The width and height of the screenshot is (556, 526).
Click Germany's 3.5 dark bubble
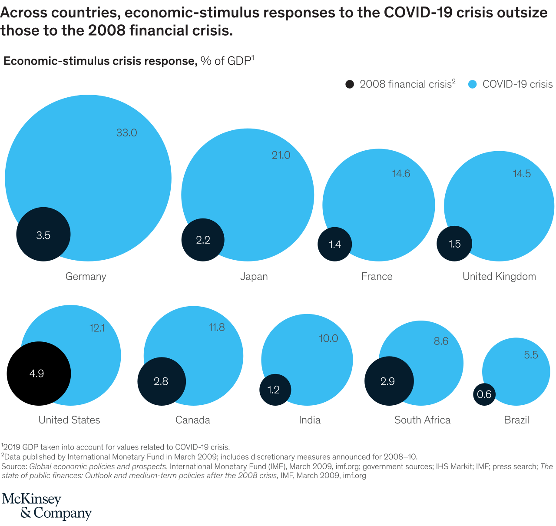pyautogui.click(x=43, y=235)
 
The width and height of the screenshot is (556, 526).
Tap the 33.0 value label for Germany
pyautogui.click(x=126, y=133)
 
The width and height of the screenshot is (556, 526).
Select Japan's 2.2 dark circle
pyautogui.click(x=203, y=240)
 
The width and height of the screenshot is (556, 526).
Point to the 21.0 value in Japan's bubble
pyautogui.click(x=281, y=155)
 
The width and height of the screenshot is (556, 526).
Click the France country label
pyautogui.click(x=377, y=277)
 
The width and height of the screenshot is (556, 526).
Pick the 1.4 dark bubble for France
pyautogui.click(x=335, y=244)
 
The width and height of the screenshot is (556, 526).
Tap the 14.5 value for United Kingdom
pyautogui.click(x=522, y=174)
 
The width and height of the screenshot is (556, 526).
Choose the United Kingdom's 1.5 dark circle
pyautogui.click(x=454, y=244)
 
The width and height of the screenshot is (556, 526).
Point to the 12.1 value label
pyautogui.click(x=97, y=328)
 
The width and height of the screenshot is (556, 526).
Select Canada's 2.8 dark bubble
pyautogui.click(x=161, y=381)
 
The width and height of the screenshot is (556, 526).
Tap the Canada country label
pyautogui.click(x=193, y=420)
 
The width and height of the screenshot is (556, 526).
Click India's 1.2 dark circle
pyautogui.click(x=274, y=390)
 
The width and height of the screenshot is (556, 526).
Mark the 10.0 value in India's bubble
pyautogui.click(x=328, y=338)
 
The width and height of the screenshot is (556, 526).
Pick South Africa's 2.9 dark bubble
pyautogui.click(x=388, y=381)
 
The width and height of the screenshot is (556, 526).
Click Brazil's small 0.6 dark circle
pyautogui.click(x=484, y=394)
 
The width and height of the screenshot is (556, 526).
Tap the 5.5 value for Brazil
pyautogui.click(x=531, y=355)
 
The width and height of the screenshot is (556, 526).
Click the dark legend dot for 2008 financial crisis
pyautogui.click(x=350, y=84)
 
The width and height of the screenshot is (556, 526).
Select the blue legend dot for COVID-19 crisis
pyautogui.click(x=473, y=84)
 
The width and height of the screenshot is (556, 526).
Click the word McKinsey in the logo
pyautogui.click(x=32, y=500)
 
